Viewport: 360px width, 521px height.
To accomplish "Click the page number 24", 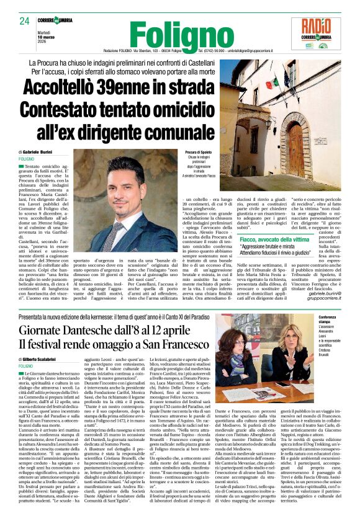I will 24,21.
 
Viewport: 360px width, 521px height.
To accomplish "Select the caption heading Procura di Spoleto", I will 200,152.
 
